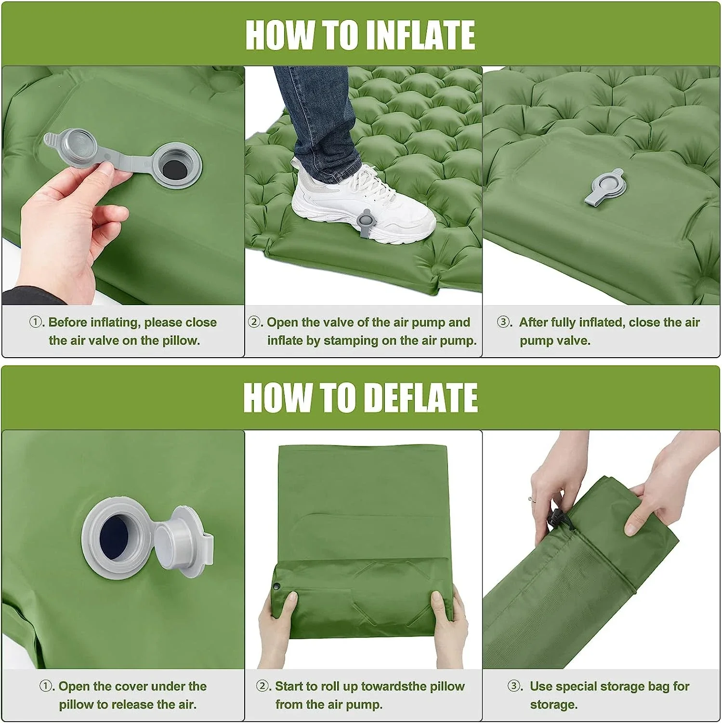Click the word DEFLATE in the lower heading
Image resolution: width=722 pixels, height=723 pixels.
(420, 398)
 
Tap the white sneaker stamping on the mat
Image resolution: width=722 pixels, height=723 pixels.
(361, 205)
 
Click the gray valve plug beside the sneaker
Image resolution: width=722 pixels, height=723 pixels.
(366, 223)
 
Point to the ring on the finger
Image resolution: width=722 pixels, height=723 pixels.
(531, 499)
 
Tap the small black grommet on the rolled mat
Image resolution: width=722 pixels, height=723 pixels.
(277, 587)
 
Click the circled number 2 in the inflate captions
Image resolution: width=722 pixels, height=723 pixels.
(254, 322)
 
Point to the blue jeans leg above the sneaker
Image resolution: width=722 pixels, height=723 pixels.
(315, 116)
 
